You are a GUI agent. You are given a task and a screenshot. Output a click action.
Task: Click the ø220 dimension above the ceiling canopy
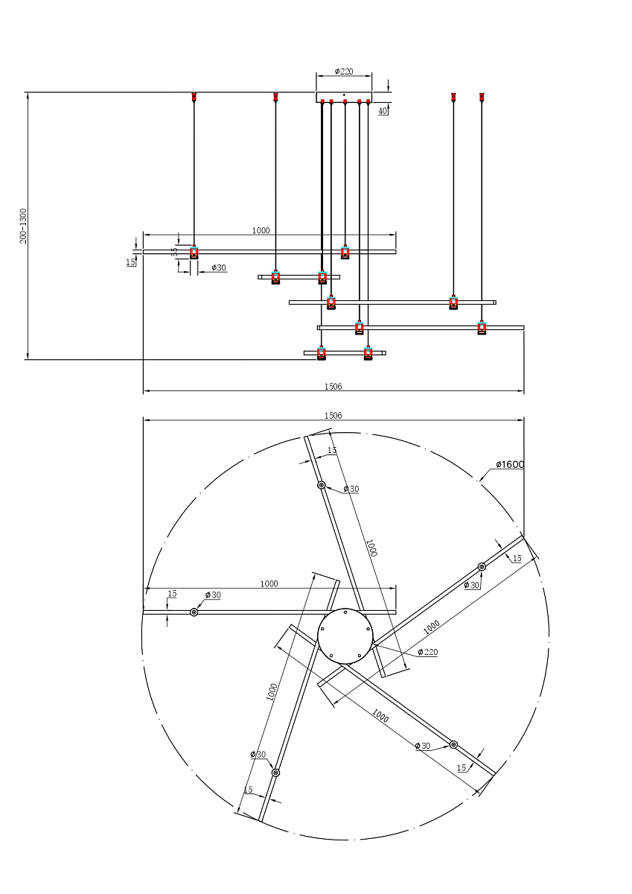click(x=344, y=72)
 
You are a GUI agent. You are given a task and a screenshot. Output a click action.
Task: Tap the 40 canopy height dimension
click(x=382, y=110)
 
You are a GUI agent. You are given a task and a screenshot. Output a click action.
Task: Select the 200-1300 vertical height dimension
click(x=23, y=226)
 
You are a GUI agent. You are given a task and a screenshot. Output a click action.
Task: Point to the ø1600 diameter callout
click(x=510, y=464)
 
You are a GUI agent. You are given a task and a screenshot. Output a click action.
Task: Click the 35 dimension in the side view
click(x=175, y=253)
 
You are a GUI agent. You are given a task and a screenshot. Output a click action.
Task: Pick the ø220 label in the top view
click(x=427, y=652)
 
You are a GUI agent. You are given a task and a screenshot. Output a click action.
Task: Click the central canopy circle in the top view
click(x=345, y=635)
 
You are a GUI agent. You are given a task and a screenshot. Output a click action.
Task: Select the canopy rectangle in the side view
click(x=344, y=97)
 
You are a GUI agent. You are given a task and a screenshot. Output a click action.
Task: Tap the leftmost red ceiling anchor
click(x=194, y=97)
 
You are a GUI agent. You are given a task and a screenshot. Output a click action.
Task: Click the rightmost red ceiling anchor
click(x=482, y=97)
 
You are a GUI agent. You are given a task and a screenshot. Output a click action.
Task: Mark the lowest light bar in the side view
click(x=345, y=352)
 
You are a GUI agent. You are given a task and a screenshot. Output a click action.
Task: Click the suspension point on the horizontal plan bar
click(x=194, y=612)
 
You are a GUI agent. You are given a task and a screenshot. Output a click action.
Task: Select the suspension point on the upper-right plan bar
click(x=482, y=567)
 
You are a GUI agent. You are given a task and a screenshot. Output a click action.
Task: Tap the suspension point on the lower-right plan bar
click(x=453, y=744)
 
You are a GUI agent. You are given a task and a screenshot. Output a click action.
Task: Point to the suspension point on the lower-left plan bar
click(x=275, y=773)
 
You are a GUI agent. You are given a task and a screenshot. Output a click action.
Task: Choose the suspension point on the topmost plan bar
click(x=322, y=485)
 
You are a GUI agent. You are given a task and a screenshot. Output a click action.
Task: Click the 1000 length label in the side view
click(x=261, y=231)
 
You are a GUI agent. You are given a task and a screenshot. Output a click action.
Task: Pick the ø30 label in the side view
click(x=219, y=267)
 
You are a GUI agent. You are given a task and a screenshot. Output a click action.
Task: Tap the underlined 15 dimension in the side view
click(x=130, y=262)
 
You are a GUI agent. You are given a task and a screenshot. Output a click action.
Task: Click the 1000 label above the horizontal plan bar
click(x=269, y=584)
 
